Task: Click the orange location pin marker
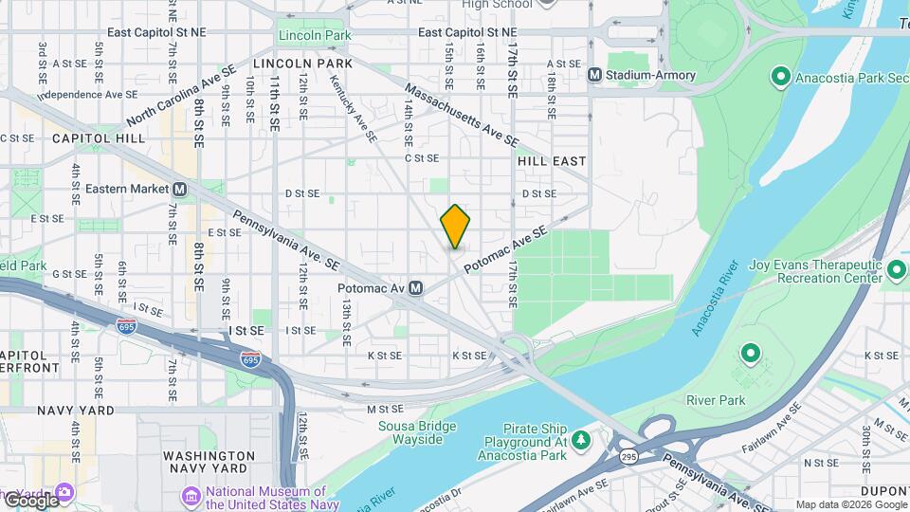tap(455, 227)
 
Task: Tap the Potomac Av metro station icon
tap(416, 287)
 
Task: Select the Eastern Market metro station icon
tap(180, 190)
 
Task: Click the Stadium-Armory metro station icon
tap(595, 75)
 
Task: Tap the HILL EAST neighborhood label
tap(552, 162)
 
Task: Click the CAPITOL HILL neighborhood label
tap(99, 138)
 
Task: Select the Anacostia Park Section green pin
tap(780, 75)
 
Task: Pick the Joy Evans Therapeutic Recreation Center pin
tap(897, 272)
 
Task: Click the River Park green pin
tap(751, 356)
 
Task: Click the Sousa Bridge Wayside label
tap(410, 432)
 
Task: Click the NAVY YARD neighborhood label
tap(75, 411)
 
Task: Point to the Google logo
tap(30, 500)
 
